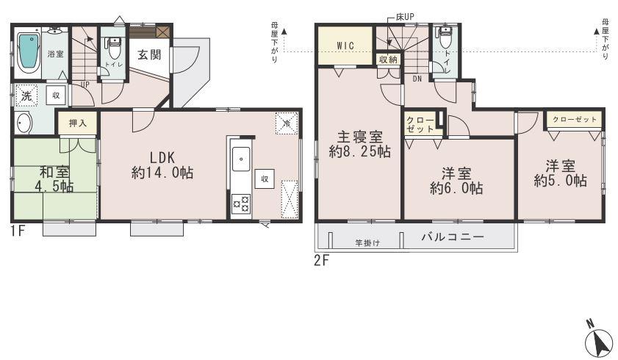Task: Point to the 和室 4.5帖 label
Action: (x=56, y=179)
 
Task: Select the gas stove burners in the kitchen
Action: (x=240, y=204)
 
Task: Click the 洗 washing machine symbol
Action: (x=26, y=96)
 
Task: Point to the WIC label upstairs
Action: (x=345, y=46)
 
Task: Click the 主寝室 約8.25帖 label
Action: (x=359, y=145)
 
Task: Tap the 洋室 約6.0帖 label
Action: (x=456, y=181)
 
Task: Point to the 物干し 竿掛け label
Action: (x=367, y=243)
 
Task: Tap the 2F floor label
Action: (x=321, y=261)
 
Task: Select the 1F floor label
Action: (x=18, y=230)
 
